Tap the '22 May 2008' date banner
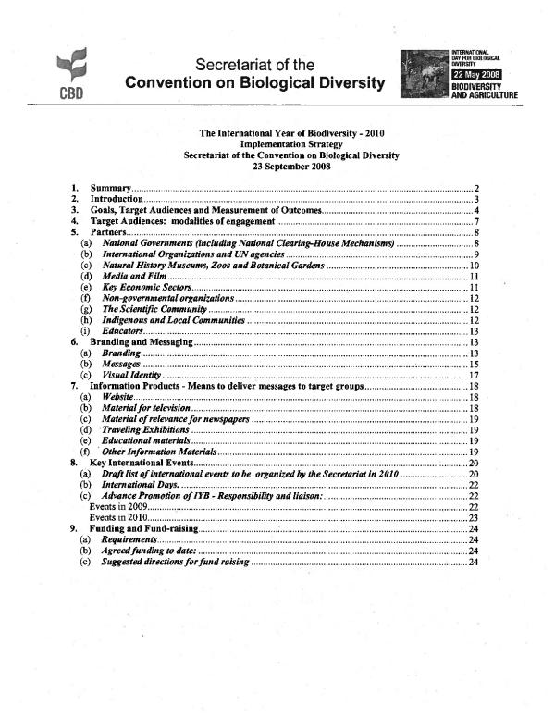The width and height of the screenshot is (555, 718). pos(475,73)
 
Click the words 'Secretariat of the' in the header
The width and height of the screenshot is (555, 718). pos(255,65)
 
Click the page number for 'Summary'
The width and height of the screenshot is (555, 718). pos(475,189)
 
